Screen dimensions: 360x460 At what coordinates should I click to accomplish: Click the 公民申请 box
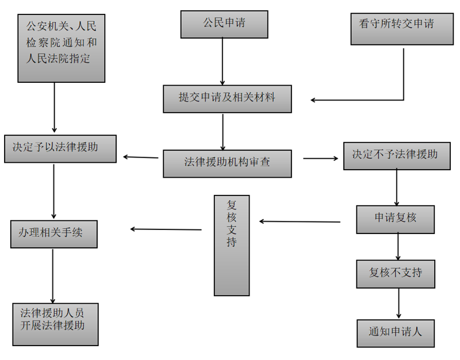(x=224, y=25)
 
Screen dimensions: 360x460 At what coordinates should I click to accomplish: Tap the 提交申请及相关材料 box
(x=227, y=99)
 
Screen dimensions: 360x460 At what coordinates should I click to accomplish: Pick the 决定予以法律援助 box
(x=60, y=148)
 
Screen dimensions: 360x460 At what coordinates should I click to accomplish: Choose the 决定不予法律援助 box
(x=396, y=155)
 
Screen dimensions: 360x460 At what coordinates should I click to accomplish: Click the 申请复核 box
(x=395, y=219)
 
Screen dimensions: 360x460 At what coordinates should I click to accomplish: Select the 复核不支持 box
(x=395, y=274)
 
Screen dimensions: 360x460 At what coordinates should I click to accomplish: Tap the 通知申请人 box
(x=395, y=333)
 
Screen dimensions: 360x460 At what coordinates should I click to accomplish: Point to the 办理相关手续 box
(x=53, y=233)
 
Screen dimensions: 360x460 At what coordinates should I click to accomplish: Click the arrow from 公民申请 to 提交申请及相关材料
(x=223, y=62)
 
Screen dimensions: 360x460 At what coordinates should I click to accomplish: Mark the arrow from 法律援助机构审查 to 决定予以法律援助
(x=141, y=157)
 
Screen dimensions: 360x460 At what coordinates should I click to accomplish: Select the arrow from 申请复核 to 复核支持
(x=300, y=221)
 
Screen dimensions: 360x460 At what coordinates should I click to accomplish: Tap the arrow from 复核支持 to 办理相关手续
(x=166, y=229)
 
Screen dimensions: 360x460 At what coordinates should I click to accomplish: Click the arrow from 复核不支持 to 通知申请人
(x=398, y=303)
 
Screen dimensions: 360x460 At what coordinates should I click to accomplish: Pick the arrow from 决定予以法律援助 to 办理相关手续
(x=53, y=192)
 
